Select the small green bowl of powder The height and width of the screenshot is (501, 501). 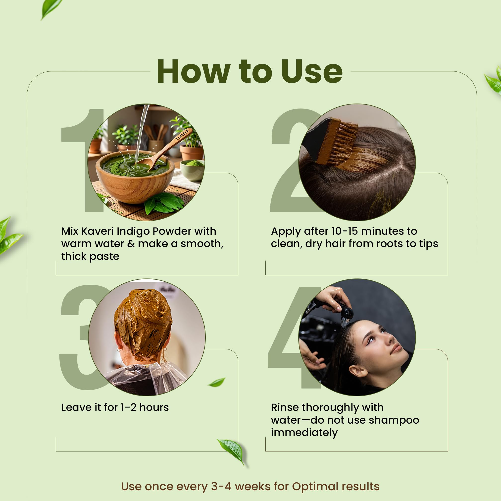pyautogui.click(x=192, y=170)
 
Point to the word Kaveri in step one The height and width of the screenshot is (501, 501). pyautogui.click(x=98, y=231)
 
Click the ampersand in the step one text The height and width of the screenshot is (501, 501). pyautogui.click(x=131, y=244)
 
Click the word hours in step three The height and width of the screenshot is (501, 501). pyautogui.click(x=154, y=407)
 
